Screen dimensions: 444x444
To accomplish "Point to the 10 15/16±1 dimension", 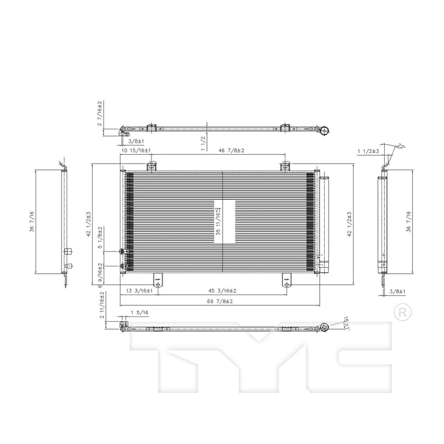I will [136, 150].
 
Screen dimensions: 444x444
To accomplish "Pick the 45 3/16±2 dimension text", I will [222, 291].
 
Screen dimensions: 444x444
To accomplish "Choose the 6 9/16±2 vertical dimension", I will [100, 273].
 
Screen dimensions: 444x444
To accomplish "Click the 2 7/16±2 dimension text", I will [100, 113].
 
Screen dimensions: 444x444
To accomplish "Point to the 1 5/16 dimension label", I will [139, 313].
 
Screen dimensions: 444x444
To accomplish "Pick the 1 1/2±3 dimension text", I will [367, 150].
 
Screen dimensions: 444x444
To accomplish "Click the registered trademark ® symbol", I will [401, 312].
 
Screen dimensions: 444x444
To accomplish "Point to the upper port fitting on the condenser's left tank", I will [122, 251].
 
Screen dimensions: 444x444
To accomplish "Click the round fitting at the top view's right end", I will [323, 131].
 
